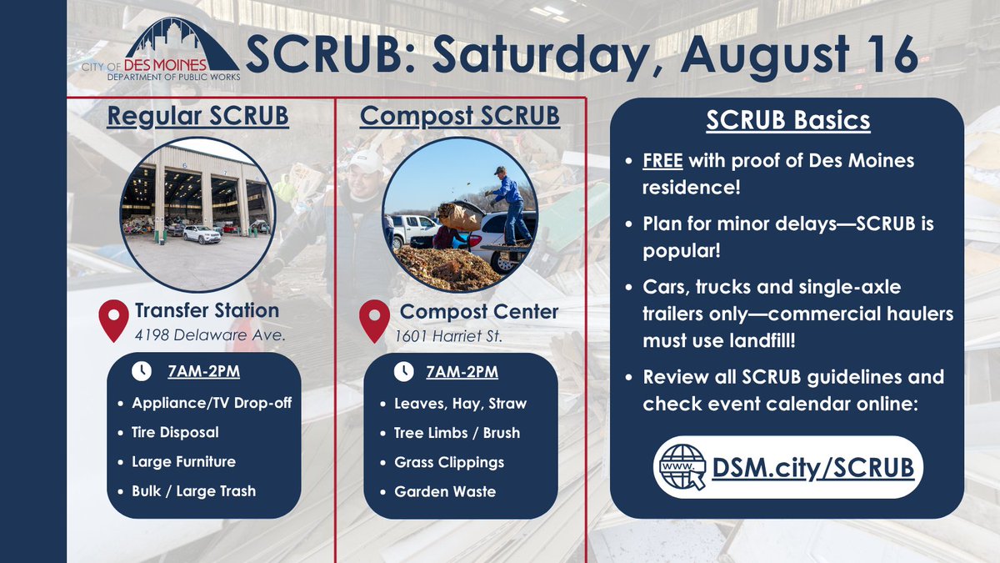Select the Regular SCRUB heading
pyautogui.click(x=197, y=115)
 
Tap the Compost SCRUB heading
pyautogui.click(x=459, y=115)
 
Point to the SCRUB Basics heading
pyautogui.click(x=787, y=120)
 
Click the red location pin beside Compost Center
pyautogui.click(x=374, y=321)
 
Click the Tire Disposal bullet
pyautogui.click(x=175, y=432)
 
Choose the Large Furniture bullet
pyautogui.click(x=183, y=461)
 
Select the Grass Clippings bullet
pyautogui.click(x=448, y=461)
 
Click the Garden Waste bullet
pyautogui.click(x=444, y=491)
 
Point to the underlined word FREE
pyautogui.click(x=662, y=159)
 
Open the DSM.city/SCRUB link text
pyautogui.click(x=812, y=468)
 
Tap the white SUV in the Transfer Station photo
pyautogui.click(x=201, y=234)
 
